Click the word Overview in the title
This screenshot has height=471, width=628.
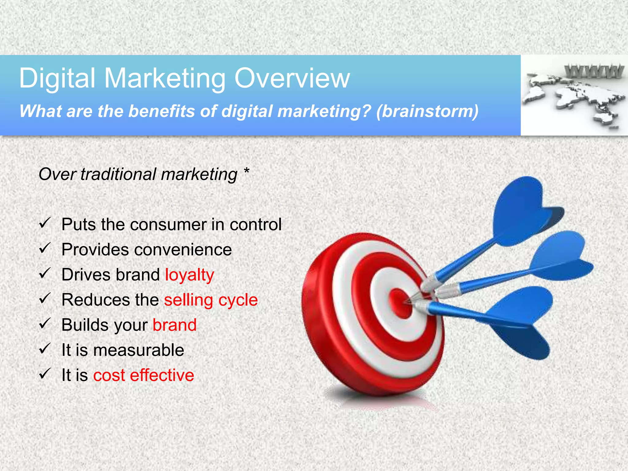click(x=292, y=78)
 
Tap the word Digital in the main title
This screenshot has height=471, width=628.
click(x=57, y=79)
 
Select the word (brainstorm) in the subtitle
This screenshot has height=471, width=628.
click(x=427, y=111)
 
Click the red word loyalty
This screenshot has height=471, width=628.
click(x=190, y=275)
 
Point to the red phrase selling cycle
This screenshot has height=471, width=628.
click(x=211, y=300)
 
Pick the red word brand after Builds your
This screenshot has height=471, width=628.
click(x=174, y=325)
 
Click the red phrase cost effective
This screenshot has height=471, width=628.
click(x=144, y=375)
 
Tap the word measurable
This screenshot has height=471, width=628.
click(x=139, y=350)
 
